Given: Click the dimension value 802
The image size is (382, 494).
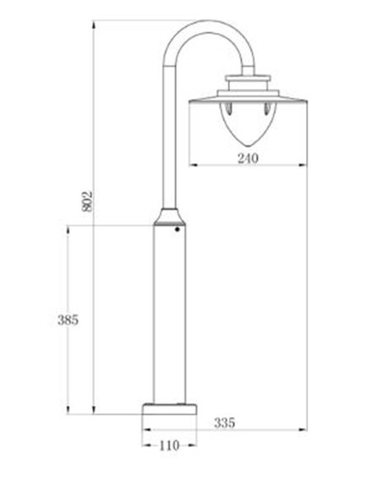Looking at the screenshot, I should click(88, 200).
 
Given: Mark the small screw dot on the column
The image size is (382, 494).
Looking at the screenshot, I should click(177, 228).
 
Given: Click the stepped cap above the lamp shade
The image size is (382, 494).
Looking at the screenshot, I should click(245, 85).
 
